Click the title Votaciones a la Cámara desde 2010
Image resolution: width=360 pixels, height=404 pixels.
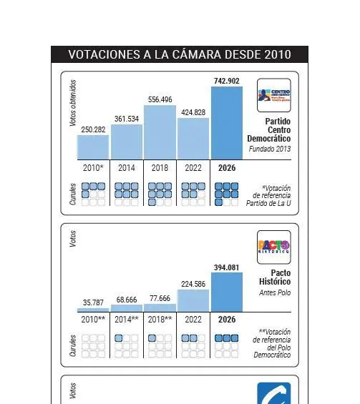click(180, 54)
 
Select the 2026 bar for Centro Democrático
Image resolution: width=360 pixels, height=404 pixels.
click(226, 123)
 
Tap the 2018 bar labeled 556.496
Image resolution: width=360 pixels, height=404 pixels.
click(160, 132)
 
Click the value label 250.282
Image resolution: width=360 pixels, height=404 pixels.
click(94, 129)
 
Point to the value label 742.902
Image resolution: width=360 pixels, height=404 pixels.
click(226, 81)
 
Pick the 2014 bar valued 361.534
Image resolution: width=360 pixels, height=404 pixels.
click(127, 142)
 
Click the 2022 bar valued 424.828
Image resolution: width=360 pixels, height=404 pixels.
click(193, 139)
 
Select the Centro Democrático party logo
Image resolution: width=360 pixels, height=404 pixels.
click(274, 96)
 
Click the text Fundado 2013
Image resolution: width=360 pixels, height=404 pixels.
click(270, 149)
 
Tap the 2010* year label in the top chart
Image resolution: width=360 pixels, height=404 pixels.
click(94, 168)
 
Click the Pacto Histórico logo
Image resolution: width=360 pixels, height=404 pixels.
click(274, 247)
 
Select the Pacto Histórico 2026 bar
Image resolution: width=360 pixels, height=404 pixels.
click(226, 292)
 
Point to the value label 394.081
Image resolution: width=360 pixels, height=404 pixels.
click(226, 267)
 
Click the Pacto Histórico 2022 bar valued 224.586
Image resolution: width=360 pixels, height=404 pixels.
click(193, 300)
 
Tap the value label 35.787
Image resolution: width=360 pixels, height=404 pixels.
click(94, 302)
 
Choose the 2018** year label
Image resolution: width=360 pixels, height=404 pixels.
click(160, 319)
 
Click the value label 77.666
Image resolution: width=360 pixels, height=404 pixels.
click(160, 298)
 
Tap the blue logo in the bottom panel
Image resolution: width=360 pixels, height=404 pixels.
click(274, 394)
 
